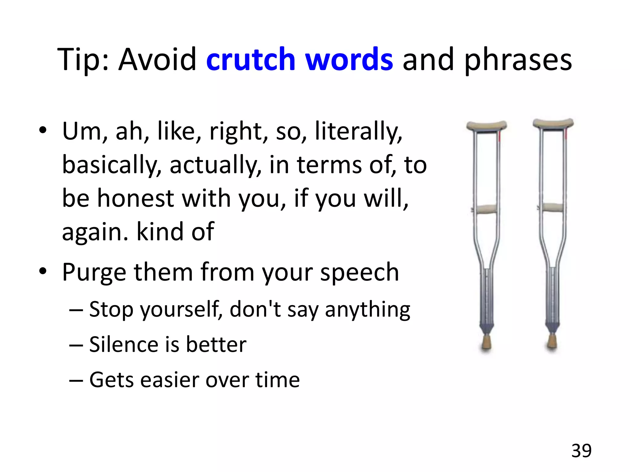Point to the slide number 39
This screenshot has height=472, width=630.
[581, 451]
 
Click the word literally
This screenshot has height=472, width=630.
[358, 132]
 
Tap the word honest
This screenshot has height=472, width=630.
[136, 198]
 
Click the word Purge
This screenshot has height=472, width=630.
[94, 273]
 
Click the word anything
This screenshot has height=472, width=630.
[367, 310]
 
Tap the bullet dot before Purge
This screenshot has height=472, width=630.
[43, 271]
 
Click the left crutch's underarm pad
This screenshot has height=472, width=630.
[486, 125]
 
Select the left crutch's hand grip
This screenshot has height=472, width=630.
[486, 209]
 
